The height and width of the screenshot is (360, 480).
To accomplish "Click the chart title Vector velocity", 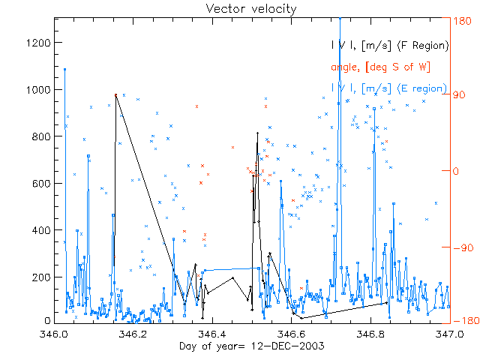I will [240, 8].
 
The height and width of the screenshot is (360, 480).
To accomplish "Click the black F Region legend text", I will [390, 46].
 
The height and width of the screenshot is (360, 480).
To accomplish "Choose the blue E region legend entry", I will [390, 88].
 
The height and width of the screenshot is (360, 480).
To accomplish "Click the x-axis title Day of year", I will [240, 346].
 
